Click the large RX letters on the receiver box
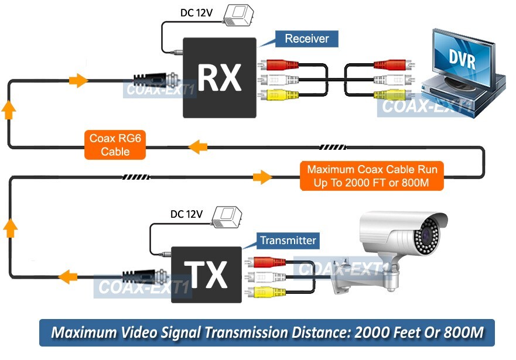tap(220, 78)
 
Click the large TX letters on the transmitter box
tap(206, 275)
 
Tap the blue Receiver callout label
tap(306, 39)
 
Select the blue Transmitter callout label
tap(288, 240)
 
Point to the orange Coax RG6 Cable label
tap(115, 145)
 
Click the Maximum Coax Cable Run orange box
tap(372, 176)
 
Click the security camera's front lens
tap(426, 236)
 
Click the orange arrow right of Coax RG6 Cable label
tap(198, 146)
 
